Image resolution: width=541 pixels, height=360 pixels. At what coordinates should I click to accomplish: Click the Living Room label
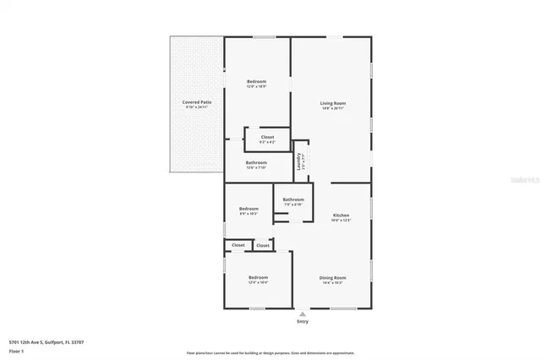[x=332, y=103]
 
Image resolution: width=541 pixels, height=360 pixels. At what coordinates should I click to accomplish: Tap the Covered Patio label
[x=197, y=102]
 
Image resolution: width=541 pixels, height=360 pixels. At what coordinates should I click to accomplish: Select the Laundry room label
[x=299, y=161]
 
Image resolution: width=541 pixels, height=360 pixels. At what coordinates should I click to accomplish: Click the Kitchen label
[x=341, y=215]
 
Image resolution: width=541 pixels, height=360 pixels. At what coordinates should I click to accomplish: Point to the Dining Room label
[x=332, y=278]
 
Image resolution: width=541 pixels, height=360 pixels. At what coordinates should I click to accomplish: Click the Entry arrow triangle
[x=303, y=314]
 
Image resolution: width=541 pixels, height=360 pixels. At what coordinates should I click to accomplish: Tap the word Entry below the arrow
[x=303, y=322]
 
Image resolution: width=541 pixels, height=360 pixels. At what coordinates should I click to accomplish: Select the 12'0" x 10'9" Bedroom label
[x=257, y=82]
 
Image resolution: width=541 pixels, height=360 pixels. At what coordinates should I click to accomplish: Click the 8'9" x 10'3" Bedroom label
[x=249, y=209]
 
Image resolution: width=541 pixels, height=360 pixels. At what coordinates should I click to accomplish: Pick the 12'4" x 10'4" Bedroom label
[x=258, y=278]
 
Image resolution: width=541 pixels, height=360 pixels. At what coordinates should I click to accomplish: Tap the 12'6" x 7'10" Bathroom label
[x=256, y=163]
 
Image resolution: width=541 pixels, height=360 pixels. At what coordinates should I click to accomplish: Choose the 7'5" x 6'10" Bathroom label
[x=293, y=199]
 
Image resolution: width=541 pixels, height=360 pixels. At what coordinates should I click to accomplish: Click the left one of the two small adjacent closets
[x=238, y=245]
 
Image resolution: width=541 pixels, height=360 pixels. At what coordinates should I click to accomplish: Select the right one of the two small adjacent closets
[x=263, y=245]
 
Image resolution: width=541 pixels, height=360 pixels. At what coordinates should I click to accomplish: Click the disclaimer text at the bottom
[x=270, y=352]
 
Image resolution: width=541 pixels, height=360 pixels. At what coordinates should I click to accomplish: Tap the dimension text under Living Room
[x=332, y=107]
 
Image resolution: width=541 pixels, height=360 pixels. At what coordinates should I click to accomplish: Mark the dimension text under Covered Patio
[x=197, y=107]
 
